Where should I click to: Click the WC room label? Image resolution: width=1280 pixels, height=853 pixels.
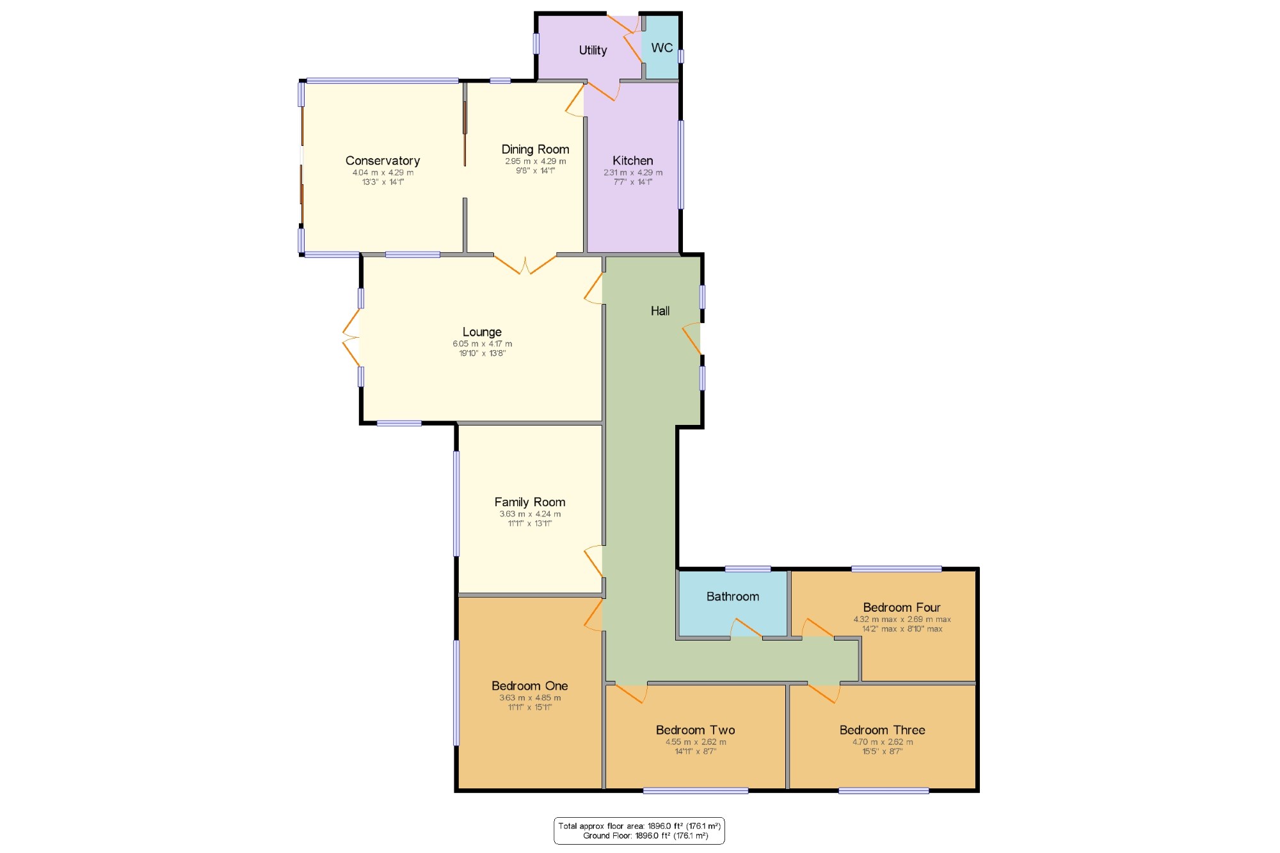point(662,48)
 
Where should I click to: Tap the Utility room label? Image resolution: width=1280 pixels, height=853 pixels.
point(593,51)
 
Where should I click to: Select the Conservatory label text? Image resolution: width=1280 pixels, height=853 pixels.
point(383,161)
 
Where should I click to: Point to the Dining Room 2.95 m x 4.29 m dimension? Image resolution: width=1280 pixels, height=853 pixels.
point(535,161)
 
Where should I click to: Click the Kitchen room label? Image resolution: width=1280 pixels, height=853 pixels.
point(633,161)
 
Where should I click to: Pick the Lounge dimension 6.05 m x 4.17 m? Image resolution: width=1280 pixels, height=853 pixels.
point(483,344)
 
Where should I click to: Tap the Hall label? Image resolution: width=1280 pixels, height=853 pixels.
point(660,311)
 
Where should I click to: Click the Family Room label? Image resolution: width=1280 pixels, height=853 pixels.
point(530,502)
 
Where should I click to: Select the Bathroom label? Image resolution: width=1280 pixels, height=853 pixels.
point(733,596)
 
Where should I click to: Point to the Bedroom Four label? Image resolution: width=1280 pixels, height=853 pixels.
point(902,607)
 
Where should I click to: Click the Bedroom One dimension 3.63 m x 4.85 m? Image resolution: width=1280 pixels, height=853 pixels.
point(530,698)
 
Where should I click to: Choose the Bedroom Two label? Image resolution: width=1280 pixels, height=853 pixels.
point(695,730)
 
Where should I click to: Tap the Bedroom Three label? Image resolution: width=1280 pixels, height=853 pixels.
point(882,730)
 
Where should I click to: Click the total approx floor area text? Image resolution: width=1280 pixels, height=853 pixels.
point(639,826)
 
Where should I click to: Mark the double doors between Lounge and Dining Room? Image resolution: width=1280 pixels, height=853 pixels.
point(525,265)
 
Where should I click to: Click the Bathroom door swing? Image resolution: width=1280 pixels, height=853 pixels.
point(746,628)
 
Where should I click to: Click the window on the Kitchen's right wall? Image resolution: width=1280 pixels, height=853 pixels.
point(681,164)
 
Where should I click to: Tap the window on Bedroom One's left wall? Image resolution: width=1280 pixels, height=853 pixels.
point(456,693)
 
